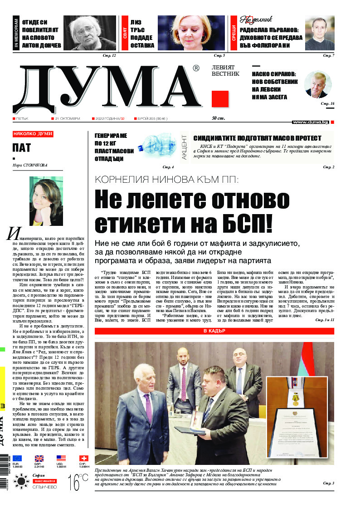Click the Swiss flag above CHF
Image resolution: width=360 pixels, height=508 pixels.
[83, 458]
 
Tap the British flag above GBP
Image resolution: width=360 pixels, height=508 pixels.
[39, 458]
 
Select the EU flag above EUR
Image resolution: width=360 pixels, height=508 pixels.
[17, 458]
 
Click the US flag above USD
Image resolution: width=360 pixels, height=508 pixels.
[61, 458]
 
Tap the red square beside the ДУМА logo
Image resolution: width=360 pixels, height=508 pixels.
[220, 99]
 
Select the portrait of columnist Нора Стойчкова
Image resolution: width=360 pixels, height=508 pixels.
[46, 201]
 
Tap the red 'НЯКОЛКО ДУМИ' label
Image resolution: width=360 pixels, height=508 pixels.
[33, 134]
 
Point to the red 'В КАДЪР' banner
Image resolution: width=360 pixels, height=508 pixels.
[214, 331]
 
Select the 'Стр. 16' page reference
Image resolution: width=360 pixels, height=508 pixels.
[327, 104]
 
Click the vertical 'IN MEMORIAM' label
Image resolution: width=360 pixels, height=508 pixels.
[16, 34]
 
